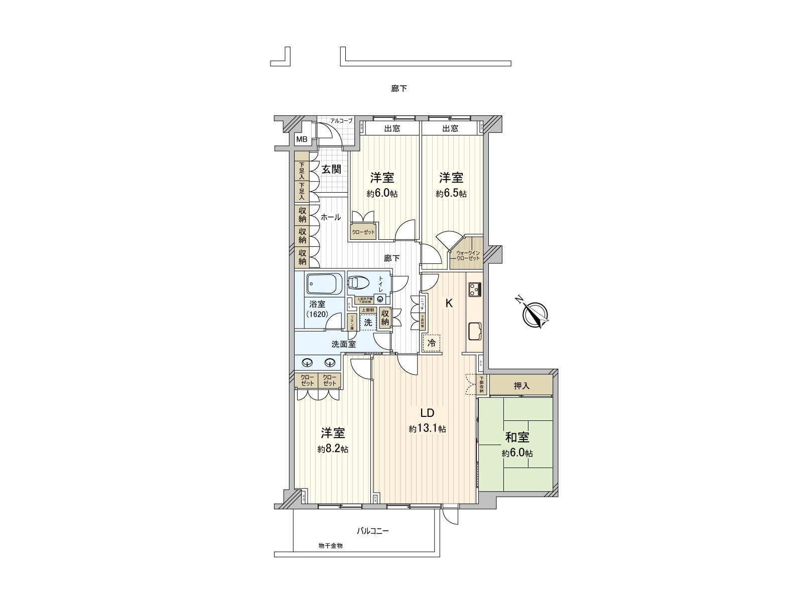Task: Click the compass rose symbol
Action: pyautogui.click(x=534, y=315)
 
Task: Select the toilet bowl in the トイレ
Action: pyautogui.click(x=359, y=283)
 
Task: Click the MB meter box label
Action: pyautogui.click(x=302, y=139)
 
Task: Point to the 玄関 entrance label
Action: pyautogui.click(x=331, y=170)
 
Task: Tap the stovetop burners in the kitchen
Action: pyautogui.click(x=475, y=289)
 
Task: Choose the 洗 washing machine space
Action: pyautogui.click(x=368, y=323)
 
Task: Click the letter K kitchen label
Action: pyautogui.click(x=449, y=304)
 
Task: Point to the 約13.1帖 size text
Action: pyautogui.click(x=427, y=429)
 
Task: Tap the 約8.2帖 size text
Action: pyautogui.click(x=333, y=449)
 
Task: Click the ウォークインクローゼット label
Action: pyautogui.click(x=468, y=255)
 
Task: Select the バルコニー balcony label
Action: pyautogui.click(x=373, y=530)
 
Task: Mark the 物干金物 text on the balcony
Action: pyautogui.click(x=330, y=545)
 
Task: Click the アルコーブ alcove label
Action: pyautogui.click(x=341, y=121)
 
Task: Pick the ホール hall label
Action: pyautogui.click(x=331, y=217)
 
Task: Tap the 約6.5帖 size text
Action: pyautogui.click(x=451, y=194)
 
